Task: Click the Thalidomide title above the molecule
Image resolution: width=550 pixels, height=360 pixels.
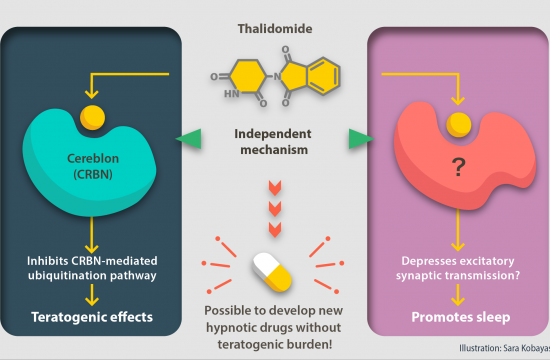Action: click(x=275, y=28)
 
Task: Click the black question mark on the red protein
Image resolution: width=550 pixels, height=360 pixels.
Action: click(x=458, y=167)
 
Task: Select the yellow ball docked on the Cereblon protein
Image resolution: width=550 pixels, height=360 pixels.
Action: click(x=93, y=118)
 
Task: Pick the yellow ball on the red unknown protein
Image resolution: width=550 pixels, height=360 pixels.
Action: click(x=458, y=125)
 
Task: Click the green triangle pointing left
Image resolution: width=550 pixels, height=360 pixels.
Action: click(x=189, y=139)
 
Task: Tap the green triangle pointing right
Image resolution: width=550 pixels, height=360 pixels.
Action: click(x=361, y=139)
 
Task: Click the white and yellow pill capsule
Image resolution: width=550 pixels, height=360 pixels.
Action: click(x=272, y=272)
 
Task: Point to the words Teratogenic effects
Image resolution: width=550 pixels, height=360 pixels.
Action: click(x=92, y=317)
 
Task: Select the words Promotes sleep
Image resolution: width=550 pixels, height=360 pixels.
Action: click(x=461, y=317)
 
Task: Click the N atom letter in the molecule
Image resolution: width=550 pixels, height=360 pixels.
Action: click(x=277, y=76)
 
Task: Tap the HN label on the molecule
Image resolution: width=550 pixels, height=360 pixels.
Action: click(x=232, y=94)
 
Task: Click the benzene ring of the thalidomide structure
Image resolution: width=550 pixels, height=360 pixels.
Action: click(x=323, y=76)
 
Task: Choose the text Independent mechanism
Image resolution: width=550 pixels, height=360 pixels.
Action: click(x=273, y=142)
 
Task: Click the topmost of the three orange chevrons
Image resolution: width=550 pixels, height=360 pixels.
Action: click(x=275, y=188)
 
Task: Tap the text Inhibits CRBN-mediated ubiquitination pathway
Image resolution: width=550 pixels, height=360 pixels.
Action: click(x=92, y=268)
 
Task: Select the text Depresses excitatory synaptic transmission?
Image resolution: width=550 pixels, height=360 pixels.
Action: click(x=458, y=268)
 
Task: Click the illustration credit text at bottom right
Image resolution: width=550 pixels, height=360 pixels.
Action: click(x=504, y=348)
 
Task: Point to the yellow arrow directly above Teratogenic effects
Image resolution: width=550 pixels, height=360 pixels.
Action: click(x=92, y=295)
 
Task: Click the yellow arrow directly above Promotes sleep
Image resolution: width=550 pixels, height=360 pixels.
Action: click(x=458, y=295)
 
